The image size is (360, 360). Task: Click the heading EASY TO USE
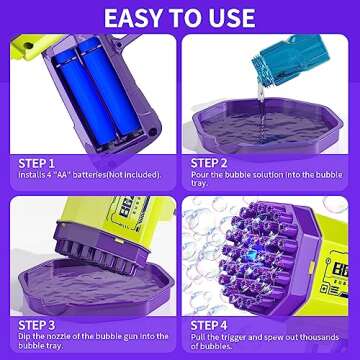180,18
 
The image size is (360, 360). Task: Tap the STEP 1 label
36,164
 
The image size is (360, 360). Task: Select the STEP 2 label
209,163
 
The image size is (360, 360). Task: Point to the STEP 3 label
37,325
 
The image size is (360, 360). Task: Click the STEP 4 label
209,325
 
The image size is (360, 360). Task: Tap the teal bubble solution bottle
291,57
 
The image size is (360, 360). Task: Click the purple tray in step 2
268,125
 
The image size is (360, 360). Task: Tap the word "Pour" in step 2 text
199,175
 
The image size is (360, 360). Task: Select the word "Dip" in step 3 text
24,337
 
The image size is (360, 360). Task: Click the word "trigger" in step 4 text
236,337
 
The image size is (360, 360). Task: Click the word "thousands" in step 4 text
319,337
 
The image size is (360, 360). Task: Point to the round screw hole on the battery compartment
152,132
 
